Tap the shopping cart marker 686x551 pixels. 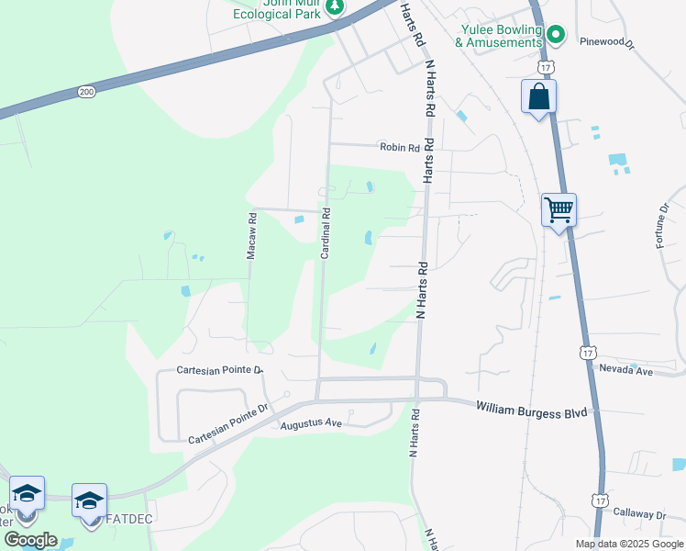[x=559, y=211]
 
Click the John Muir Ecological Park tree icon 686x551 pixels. [x=336, y=7]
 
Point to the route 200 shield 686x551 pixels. [x=86, y=92]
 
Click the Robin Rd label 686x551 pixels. [x=400, y=147]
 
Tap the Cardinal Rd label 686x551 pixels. [x=326, y=232]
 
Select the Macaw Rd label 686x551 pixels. [x=251, y=235]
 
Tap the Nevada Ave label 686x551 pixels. [x=625, y=370]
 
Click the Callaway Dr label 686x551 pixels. [x=639, y=514]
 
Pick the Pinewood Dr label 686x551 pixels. [x=607, y=41]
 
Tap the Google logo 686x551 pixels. [x=30, y=540]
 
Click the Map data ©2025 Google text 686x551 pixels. [x=628, y=544]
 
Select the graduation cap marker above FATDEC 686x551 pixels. [x=89, y=500]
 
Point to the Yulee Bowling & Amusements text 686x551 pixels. [x=500, y=36]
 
